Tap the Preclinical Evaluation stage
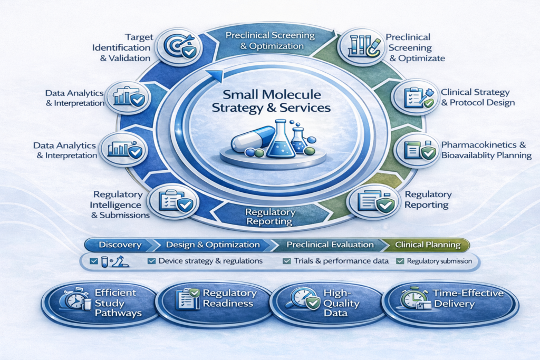point(326,245)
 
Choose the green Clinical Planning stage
point(427,245)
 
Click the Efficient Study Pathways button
point(100,303)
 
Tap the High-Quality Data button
point(326,303)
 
